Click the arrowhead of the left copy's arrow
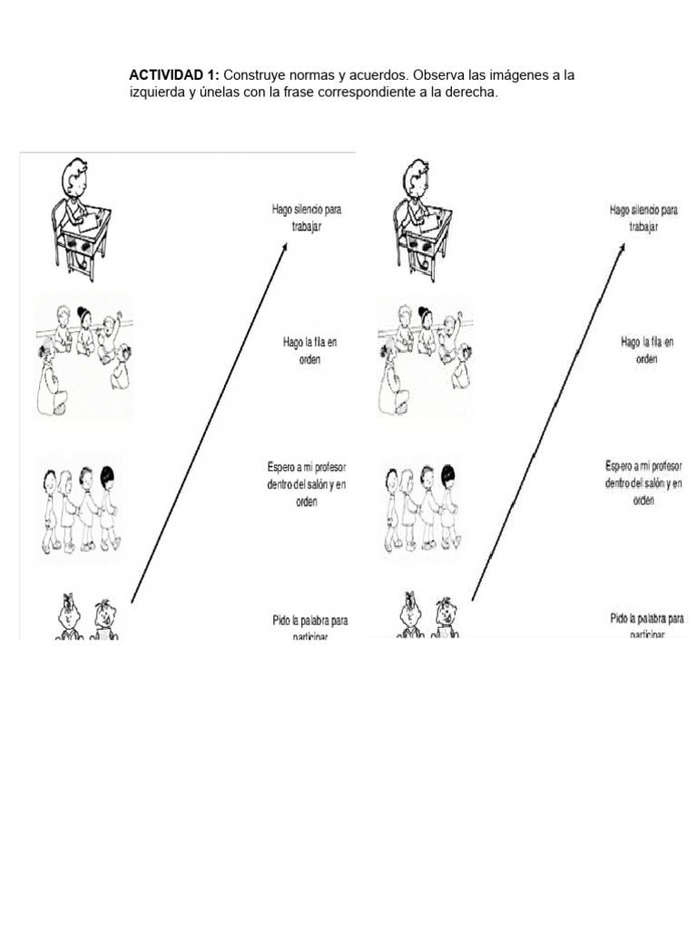285,246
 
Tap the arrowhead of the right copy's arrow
623,248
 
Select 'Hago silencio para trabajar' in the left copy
307,218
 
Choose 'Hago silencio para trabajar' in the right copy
643,218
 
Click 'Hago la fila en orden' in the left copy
307,349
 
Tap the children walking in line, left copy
80,508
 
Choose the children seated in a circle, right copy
425,357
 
